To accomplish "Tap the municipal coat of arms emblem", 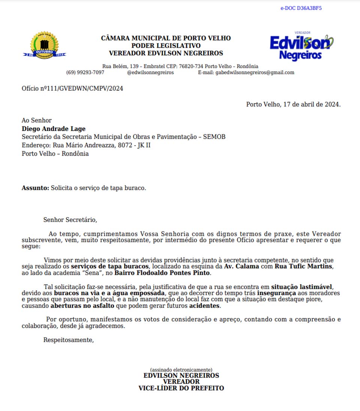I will pos(45,46).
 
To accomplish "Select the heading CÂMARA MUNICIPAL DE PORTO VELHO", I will pos(166,38).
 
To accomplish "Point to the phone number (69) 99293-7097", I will pos(85,72).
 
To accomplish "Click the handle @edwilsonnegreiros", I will pos(150,72).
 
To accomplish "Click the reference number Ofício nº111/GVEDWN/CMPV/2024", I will pos(72,88).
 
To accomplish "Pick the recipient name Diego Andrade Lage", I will pos(54,129).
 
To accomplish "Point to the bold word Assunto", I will pos(35,188).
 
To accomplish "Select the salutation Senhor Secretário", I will pos(70,220).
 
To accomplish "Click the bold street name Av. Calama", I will pos(241,266).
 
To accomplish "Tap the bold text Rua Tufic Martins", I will pos(304,266).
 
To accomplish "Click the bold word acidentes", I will pos(205,306).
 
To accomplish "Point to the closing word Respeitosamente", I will pos(68,340).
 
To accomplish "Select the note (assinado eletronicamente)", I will pos(181,370).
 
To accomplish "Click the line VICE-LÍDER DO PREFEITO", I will pos(181,388).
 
